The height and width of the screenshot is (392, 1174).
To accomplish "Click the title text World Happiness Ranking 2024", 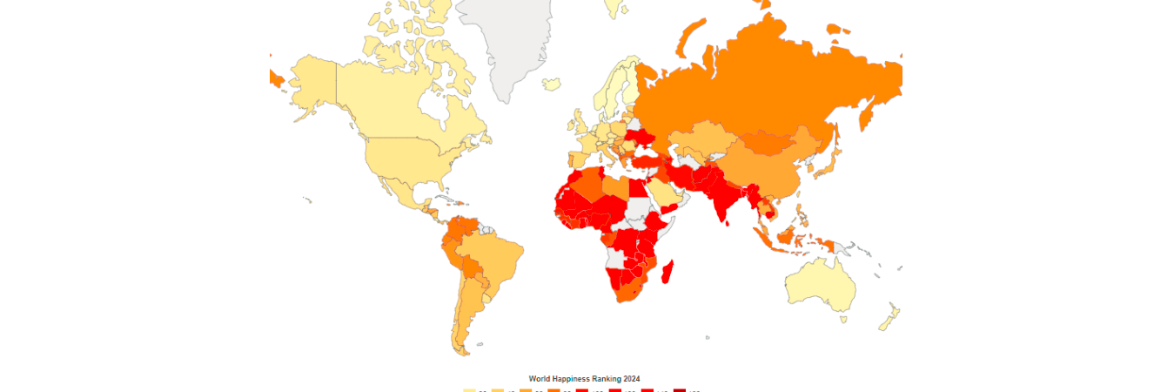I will tap(584, 379).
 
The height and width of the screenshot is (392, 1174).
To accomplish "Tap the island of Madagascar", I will tap(668, 273).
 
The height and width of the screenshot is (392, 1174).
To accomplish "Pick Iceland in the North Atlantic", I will tap(551, 84).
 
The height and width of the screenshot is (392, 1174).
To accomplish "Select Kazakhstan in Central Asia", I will tap(705, 139).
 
